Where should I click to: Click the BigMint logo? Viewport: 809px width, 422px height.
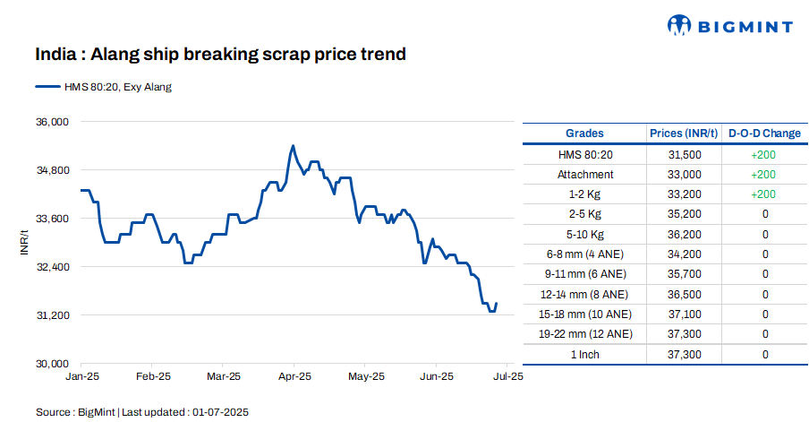(x=731, y=26)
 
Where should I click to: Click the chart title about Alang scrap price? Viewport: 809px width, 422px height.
(x=221, y=55)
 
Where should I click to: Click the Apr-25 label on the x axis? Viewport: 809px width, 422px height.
(x=294, y=376)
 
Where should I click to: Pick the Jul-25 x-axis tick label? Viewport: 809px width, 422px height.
(x=507, y=376)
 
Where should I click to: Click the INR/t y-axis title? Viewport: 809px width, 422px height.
(x=25, y=242)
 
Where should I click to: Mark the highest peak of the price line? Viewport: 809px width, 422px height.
(x=293, y=145)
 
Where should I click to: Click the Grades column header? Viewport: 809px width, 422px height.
(x=584, y=133)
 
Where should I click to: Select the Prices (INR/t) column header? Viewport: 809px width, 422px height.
(x=684, y=133)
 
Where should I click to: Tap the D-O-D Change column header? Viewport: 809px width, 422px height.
(x=764, y=133)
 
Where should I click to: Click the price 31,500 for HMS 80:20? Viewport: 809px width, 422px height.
(x=684, y=154)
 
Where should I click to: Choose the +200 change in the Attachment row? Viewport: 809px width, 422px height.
(x=764, y=175)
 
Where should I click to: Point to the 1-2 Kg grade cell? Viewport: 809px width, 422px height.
(x=584, y=194)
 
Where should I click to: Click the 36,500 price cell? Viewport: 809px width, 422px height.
(x=684, y=294)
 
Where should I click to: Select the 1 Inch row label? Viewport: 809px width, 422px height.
(x=584, y=355)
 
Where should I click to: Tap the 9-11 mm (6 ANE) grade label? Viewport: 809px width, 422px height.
(x=584, y=274)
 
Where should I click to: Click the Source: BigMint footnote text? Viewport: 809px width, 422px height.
(x=141, y=412)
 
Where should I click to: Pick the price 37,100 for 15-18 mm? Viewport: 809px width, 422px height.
(x=684, y=314)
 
